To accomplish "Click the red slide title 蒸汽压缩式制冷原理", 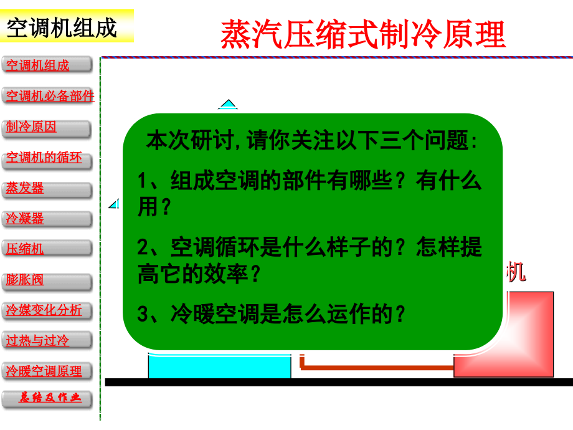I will coord(363,34).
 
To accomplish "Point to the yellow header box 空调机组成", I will coord(66,27).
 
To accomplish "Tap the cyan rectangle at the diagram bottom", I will coord(219,366).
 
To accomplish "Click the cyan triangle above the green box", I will coord(229,105).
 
